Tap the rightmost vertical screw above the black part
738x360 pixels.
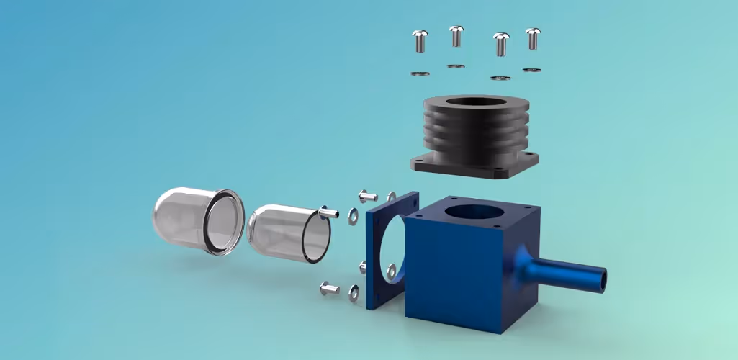tap(532, 38)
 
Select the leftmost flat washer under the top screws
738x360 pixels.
tap(420, 73)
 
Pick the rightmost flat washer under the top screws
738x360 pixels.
tap(532, 70)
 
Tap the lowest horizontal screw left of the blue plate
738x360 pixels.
tap(328, 289)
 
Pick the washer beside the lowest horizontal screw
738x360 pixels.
tap(354, 291)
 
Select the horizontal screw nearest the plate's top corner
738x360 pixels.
tap(367, 195)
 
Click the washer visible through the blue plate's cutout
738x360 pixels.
tap(391, 269)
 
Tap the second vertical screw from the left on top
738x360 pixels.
tap(456, 35)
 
